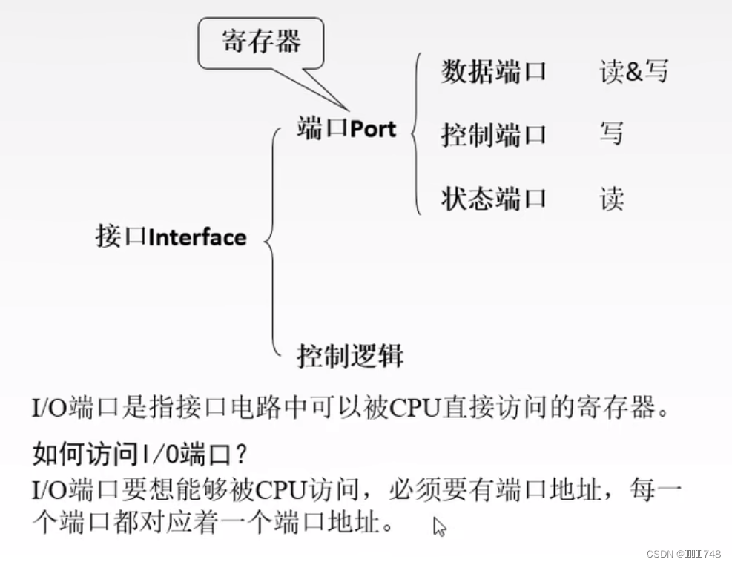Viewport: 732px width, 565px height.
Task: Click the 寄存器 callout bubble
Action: [262, 43]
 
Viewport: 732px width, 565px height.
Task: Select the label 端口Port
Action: [346, 128]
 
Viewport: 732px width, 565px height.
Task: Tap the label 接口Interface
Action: [171, 237]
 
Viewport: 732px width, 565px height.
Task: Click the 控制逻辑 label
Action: [350, 356]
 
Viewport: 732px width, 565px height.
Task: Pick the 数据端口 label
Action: [494, 72]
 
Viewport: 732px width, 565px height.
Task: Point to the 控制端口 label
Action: [494, 135]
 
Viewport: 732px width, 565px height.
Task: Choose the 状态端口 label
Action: [494, 199]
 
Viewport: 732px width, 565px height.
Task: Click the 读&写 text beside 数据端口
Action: [633, 72]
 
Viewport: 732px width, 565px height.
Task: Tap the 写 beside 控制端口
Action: [611, 134]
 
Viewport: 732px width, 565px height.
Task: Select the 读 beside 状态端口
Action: [612, 199]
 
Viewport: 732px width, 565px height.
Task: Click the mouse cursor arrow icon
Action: [439, 526]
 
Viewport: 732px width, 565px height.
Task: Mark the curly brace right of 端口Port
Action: [416, 133]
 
